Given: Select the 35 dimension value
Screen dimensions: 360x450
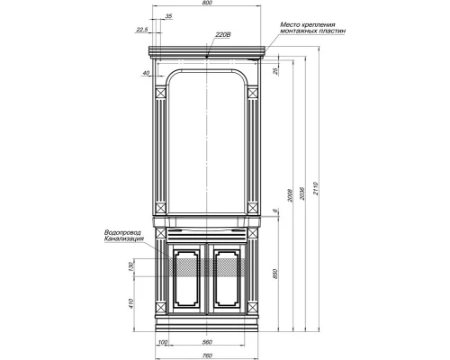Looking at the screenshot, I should pyautogui.click(x=169, y=17).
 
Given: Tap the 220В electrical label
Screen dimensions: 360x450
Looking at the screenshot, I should pyautogui.click(x=223, y=35).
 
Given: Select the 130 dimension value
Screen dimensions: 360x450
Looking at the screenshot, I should pyautogui.click(x=131, y=267).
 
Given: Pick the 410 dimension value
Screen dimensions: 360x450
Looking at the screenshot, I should pyautogui.click(x=131, y=302).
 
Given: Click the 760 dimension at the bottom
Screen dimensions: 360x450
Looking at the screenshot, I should pyautogui.click(x=207, y=353).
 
